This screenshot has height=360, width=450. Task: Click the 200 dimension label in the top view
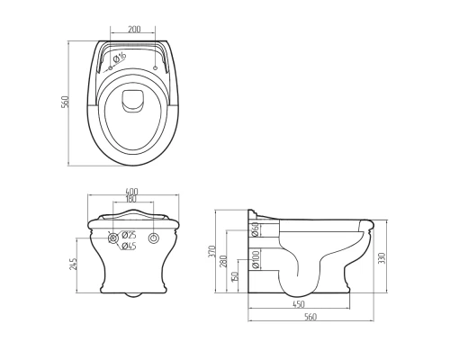[134, 29]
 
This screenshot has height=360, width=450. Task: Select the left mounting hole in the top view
[110, 67]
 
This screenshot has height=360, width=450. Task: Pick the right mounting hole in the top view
[155, 67]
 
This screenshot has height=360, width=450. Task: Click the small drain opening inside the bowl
[132, 101]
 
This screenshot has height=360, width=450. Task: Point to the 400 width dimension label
[131, 192]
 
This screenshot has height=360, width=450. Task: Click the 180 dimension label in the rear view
[130, 199]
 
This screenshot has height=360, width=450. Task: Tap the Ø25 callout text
[129, 234]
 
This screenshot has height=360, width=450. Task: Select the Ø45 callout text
[129, 246]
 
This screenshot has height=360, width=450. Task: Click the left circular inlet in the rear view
[113, 238]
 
